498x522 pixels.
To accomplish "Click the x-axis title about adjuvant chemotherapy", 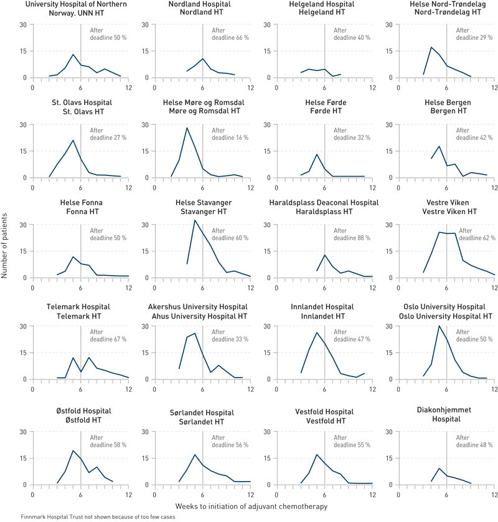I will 251,506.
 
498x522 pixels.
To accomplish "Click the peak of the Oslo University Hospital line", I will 439,325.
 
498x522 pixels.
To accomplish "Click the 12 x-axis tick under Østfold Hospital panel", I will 128,494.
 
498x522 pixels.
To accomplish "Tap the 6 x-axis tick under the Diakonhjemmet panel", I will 447,494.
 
